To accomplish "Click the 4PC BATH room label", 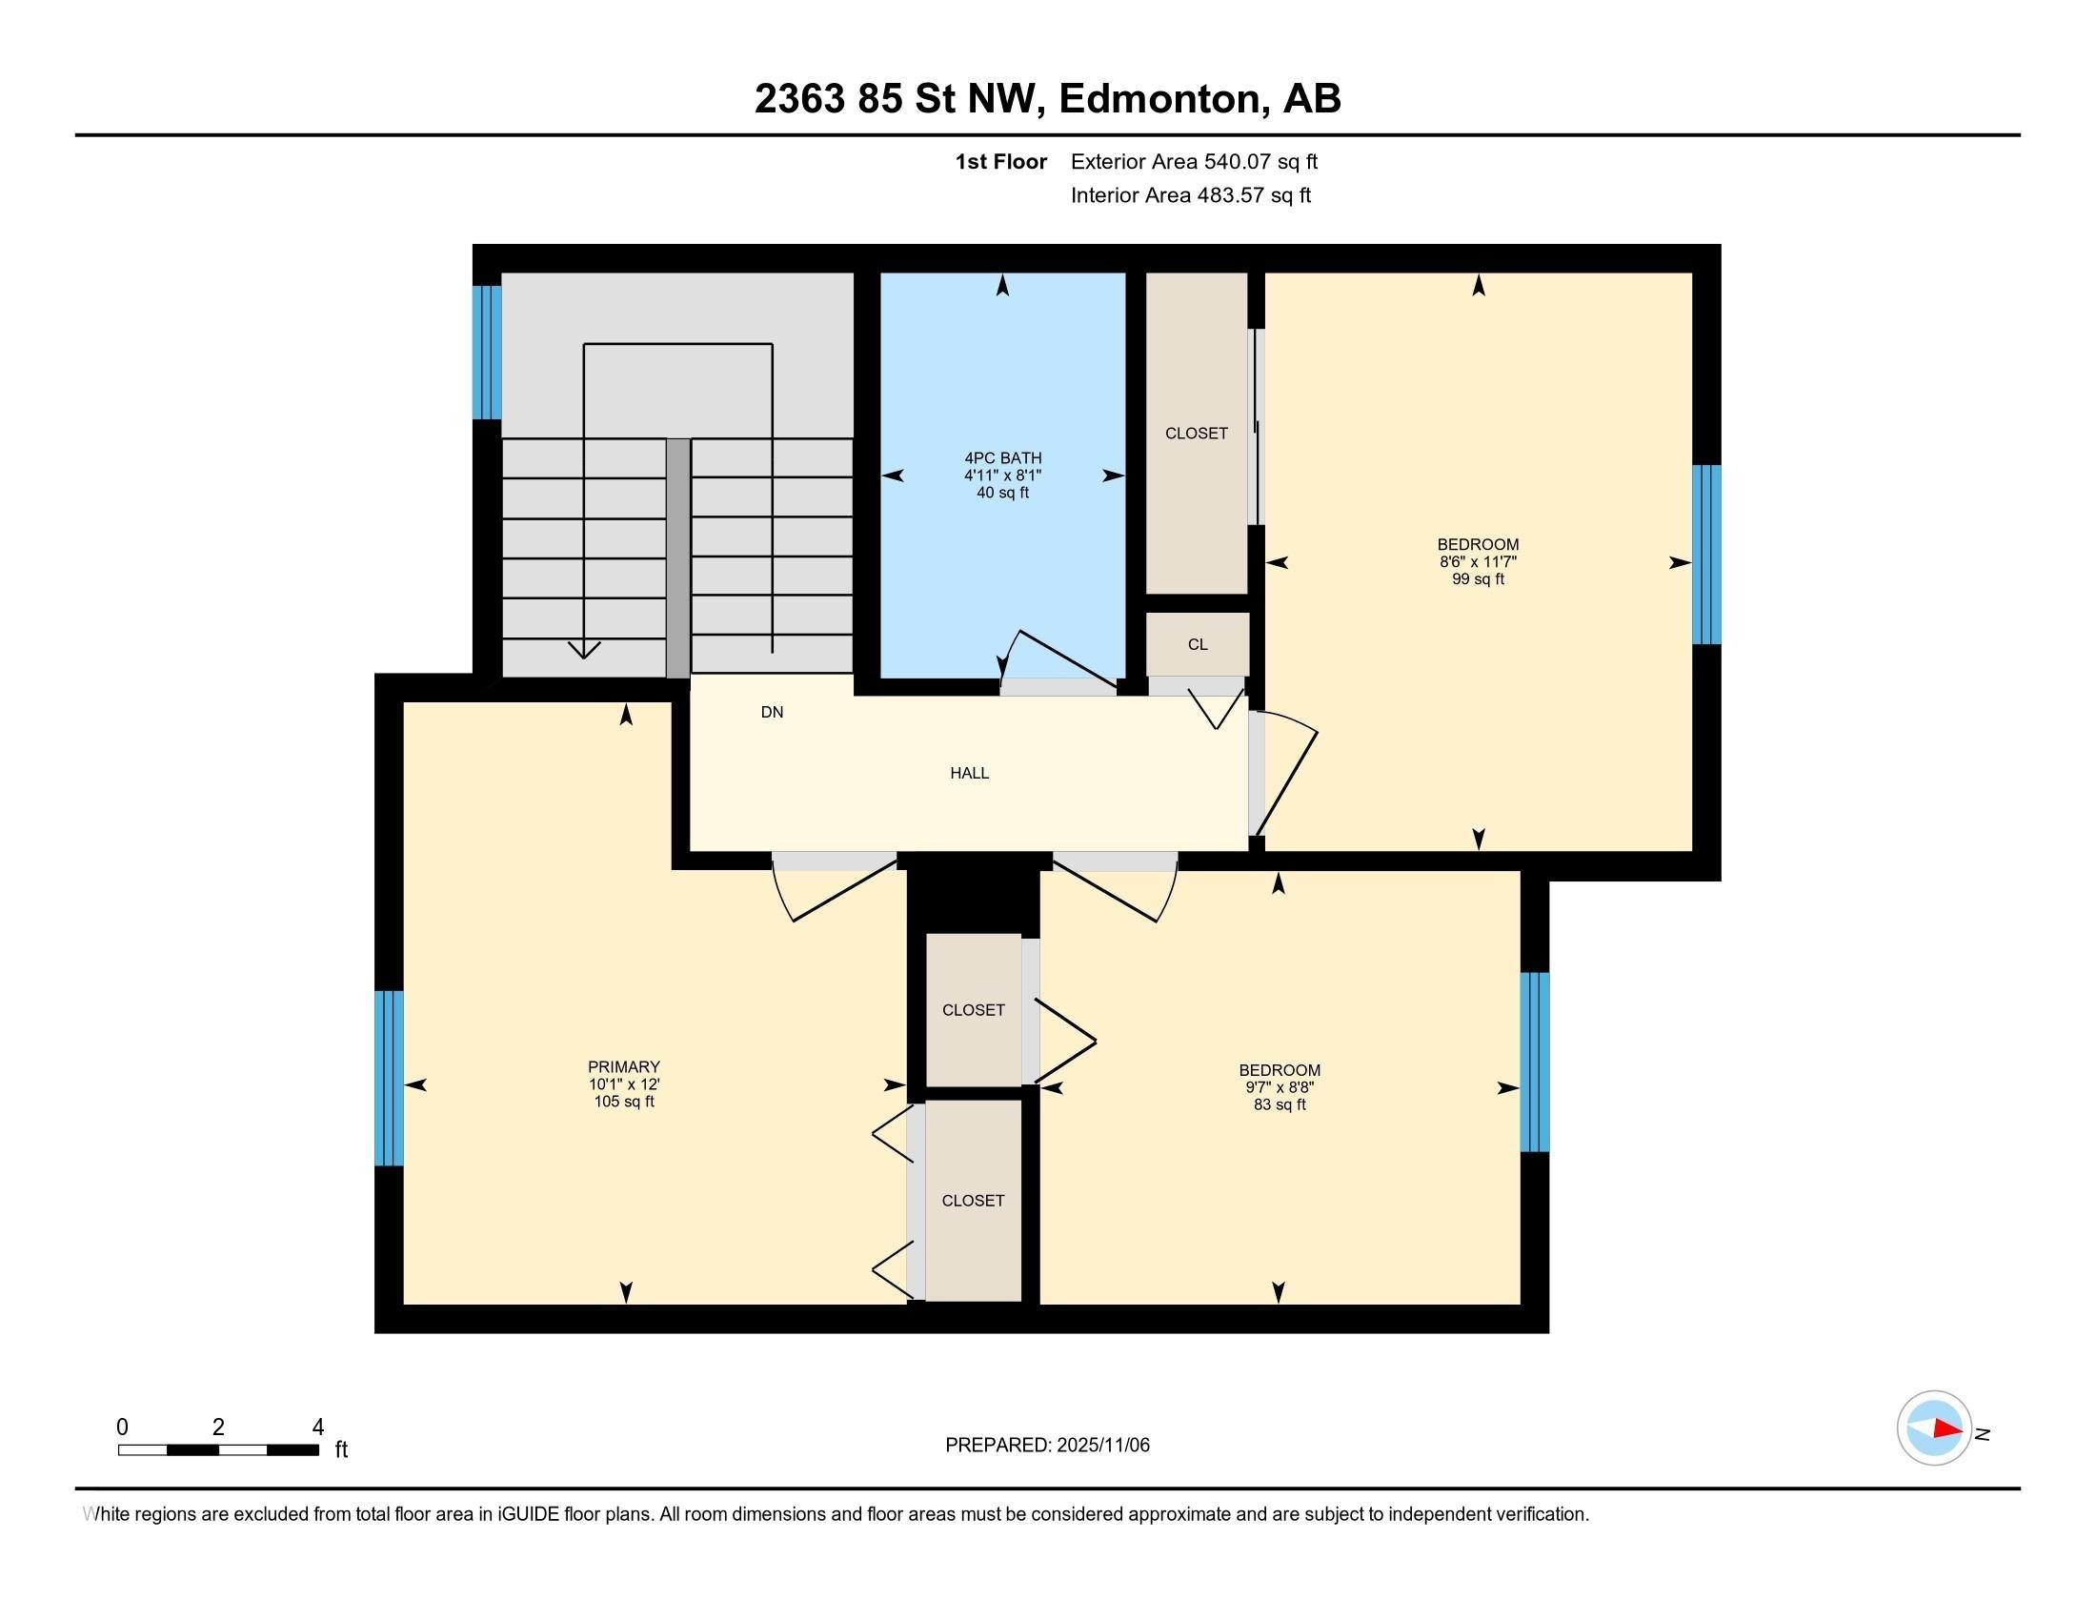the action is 1003,457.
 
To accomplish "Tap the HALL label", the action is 969,773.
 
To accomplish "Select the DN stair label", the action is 772,712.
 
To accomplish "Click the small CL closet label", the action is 1198,644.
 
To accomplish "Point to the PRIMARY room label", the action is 624,1066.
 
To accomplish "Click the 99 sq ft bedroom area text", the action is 1478,578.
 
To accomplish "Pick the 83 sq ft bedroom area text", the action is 1280,1104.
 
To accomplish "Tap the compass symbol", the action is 1934,1428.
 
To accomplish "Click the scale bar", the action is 219,1449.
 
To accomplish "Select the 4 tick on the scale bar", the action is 317,1428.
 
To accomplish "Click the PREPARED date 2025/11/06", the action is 1101,1445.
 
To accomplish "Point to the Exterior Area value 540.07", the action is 1239,161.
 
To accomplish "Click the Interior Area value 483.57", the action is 1231,194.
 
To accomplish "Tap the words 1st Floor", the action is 1001,161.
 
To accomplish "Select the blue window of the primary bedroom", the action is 389,1078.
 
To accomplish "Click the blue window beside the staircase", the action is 487,353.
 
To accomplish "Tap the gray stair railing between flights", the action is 677,558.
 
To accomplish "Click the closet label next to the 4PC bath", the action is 1196,433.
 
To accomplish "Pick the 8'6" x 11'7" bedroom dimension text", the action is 1478,561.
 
